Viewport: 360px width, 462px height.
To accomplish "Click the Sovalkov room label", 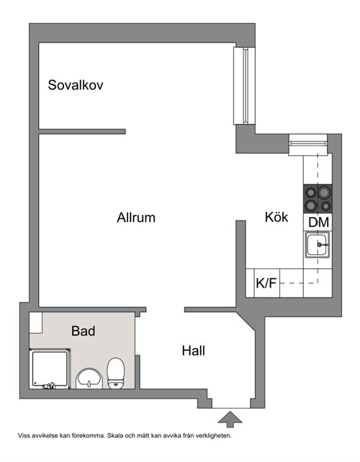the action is pyautogui.click(x=76, y=85).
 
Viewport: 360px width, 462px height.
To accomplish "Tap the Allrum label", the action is pyautogui.click(x=136, y=218).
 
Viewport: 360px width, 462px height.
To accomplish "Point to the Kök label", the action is pyautogui.click(x=276, y=217).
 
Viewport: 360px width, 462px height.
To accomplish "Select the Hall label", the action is pyautogui.click(x=194, y=351).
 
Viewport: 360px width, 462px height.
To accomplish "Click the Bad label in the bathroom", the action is pyautogui.click(x=83, y=331).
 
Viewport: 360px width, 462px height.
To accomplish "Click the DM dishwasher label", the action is pyautogui.click(x=318, y=222).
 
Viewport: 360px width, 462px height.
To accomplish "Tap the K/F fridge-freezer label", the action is pyautogui.click(x=266, y=283).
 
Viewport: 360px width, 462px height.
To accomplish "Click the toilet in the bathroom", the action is pyautogui.click(x=116, y=373).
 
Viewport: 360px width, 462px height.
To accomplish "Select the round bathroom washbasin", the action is pyautogui.click(x=89, y=378).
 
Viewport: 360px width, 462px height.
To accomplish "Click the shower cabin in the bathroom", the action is pyautogui.click(x=50, y=368).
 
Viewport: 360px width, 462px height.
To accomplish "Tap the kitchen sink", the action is pyautogui.click(x=317, y=245).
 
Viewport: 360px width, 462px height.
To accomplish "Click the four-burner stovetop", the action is pyautogui.click(x=318, y=199).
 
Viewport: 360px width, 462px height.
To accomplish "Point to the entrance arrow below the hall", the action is pyautogui.click(x=230, y=419).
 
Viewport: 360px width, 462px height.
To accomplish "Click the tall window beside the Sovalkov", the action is pyautogui.click(x=244, y=86).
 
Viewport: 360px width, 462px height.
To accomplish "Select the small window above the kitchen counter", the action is pyautogui.click(x=308, y=144).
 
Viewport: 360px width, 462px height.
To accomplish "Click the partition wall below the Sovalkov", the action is pyautogui.click(x=82, y=131).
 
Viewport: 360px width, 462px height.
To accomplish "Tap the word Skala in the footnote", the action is pyautogui.click(x=114, y=435).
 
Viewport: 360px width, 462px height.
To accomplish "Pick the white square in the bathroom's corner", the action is pyautogui.click(x=36, y=323).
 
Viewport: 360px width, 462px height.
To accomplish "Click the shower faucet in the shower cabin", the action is pyautogui.click(x=48, y=386).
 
